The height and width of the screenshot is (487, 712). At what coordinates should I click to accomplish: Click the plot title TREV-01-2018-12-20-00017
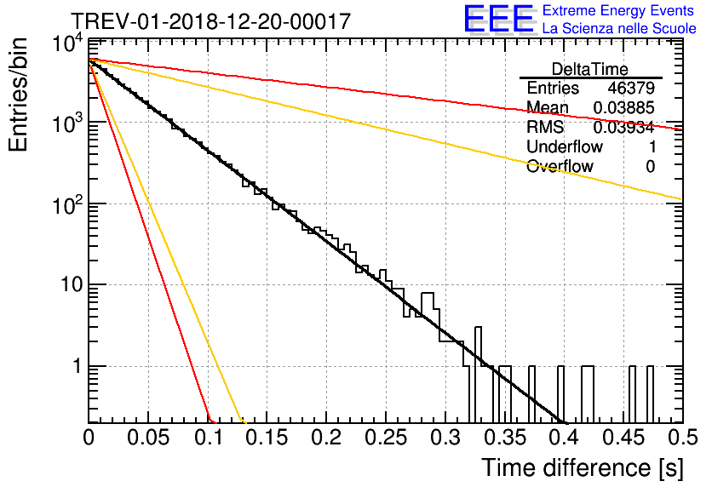pos(211,21)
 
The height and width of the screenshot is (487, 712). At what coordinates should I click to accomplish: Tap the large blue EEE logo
pos(498,19)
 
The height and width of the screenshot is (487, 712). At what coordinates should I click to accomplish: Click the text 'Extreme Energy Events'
pos(618,10)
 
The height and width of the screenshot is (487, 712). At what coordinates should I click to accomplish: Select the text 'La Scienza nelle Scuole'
pos(619,28)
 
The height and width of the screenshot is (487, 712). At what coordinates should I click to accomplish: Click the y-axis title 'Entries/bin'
pos(18,95)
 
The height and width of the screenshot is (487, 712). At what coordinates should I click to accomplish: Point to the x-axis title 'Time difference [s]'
pos(583,468)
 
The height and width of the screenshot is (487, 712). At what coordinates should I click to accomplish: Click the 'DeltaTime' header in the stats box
pos(590,69)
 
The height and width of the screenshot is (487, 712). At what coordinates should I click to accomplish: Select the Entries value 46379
pos(631,88)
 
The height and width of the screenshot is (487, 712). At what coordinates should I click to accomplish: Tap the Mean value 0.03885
pos(624,107)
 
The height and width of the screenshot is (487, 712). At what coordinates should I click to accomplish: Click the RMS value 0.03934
pos(624,127)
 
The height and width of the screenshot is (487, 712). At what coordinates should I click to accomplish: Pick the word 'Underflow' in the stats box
pos(565,146)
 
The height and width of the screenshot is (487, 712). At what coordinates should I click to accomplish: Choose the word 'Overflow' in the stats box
pos(560,166)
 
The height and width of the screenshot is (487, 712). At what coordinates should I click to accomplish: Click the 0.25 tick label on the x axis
pos(386,438)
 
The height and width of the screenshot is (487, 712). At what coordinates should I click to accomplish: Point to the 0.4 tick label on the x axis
pos(565,438)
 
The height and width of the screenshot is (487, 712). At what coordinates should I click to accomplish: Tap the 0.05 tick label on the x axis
pos(148,438)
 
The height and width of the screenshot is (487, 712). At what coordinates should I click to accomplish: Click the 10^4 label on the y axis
pos(67,44)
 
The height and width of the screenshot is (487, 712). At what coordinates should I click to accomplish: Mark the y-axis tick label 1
pos(78,366)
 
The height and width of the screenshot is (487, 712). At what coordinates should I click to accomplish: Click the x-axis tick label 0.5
pos(683,438)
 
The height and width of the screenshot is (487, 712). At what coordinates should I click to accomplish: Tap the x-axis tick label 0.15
pos(267,438)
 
